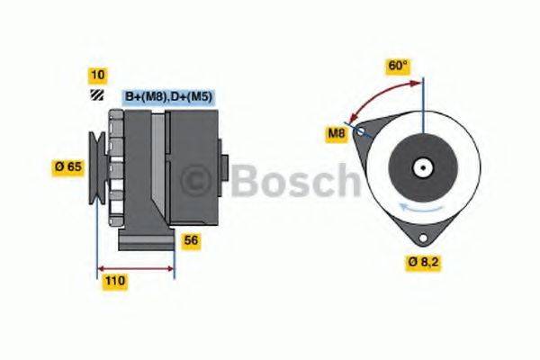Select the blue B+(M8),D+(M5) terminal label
[x=167, y=96]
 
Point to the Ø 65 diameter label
[x=68, y=166]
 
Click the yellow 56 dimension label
[x=191, y=240]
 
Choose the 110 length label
[x=113, y=281]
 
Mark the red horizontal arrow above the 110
[x=135, y=267]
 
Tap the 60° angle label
[x=397, y=66]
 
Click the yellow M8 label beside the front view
[x=336, y=135]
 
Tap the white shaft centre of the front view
[x=421, y=166]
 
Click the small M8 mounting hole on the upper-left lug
[x=362, y=131]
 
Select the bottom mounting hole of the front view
[x=421, y=236]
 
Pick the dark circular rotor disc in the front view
[x=421, y=166]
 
